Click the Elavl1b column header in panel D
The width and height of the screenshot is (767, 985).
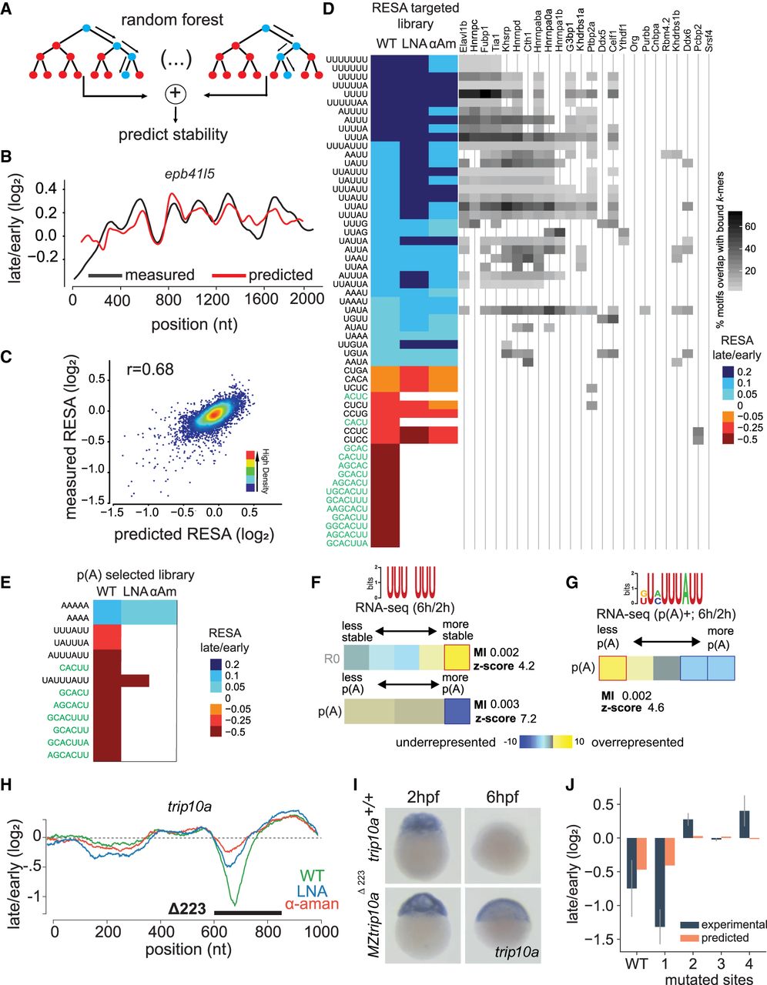click(x=464, y=37)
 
